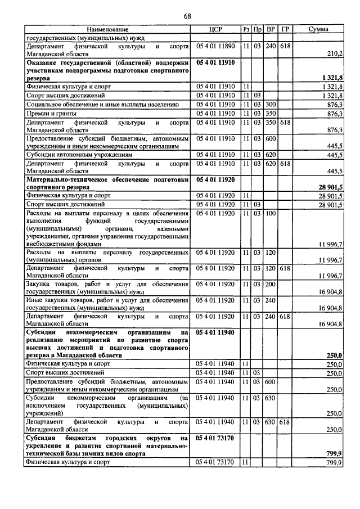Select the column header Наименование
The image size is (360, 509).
click(107, 29)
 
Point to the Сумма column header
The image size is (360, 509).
click(318, 29)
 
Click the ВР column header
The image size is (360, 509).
click(271, 29)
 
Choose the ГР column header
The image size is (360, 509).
click(285, 29)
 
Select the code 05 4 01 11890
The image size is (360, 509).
click(216, 46)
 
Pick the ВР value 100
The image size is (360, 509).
click(271, 214)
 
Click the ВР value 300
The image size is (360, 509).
click(271, 105)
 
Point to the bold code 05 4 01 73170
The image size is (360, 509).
click(216, 437)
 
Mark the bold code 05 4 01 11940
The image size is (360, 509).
click(216, 332)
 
